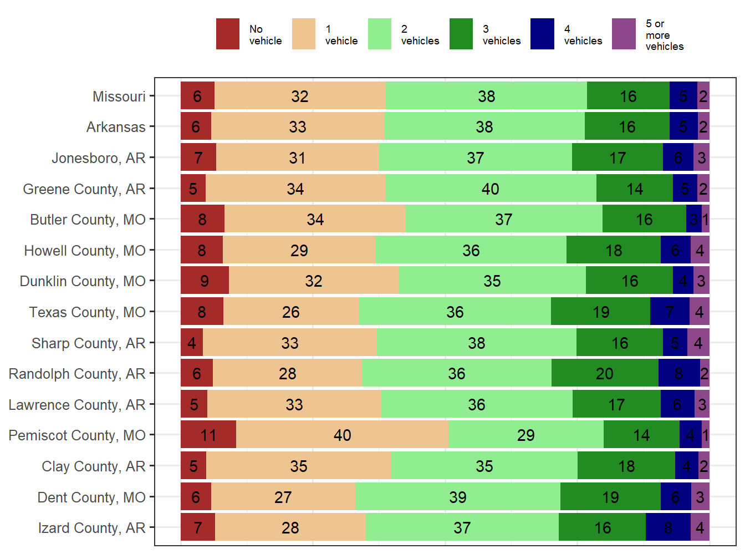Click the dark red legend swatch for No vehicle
coord(227,34)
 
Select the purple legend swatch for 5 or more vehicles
coord(624,34)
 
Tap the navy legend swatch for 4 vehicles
coord(542,34)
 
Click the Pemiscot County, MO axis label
coord(77,435)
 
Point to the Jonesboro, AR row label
coord(98,158)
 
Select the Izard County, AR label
coord(91,528)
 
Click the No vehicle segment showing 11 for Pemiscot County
coord(208,435)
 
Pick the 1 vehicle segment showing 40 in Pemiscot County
coord(342,435)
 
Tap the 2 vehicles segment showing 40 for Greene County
coord(491,189)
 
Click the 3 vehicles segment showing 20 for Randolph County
coord(604,373)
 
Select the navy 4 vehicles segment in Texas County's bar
coord(670,312)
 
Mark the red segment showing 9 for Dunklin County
coord(205,281)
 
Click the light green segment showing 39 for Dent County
coord(458,497)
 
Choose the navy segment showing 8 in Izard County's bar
coord(668,527)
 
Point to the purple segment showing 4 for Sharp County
coord(698,343)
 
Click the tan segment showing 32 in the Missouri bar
coord(300,96)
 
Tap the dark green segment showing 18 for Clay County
coord(626,466)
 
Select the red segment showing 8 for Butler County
coord(202,219)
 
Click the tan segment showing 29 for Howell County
coord(299,250)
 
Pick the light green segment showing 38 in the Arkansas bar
coord(484,127)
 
